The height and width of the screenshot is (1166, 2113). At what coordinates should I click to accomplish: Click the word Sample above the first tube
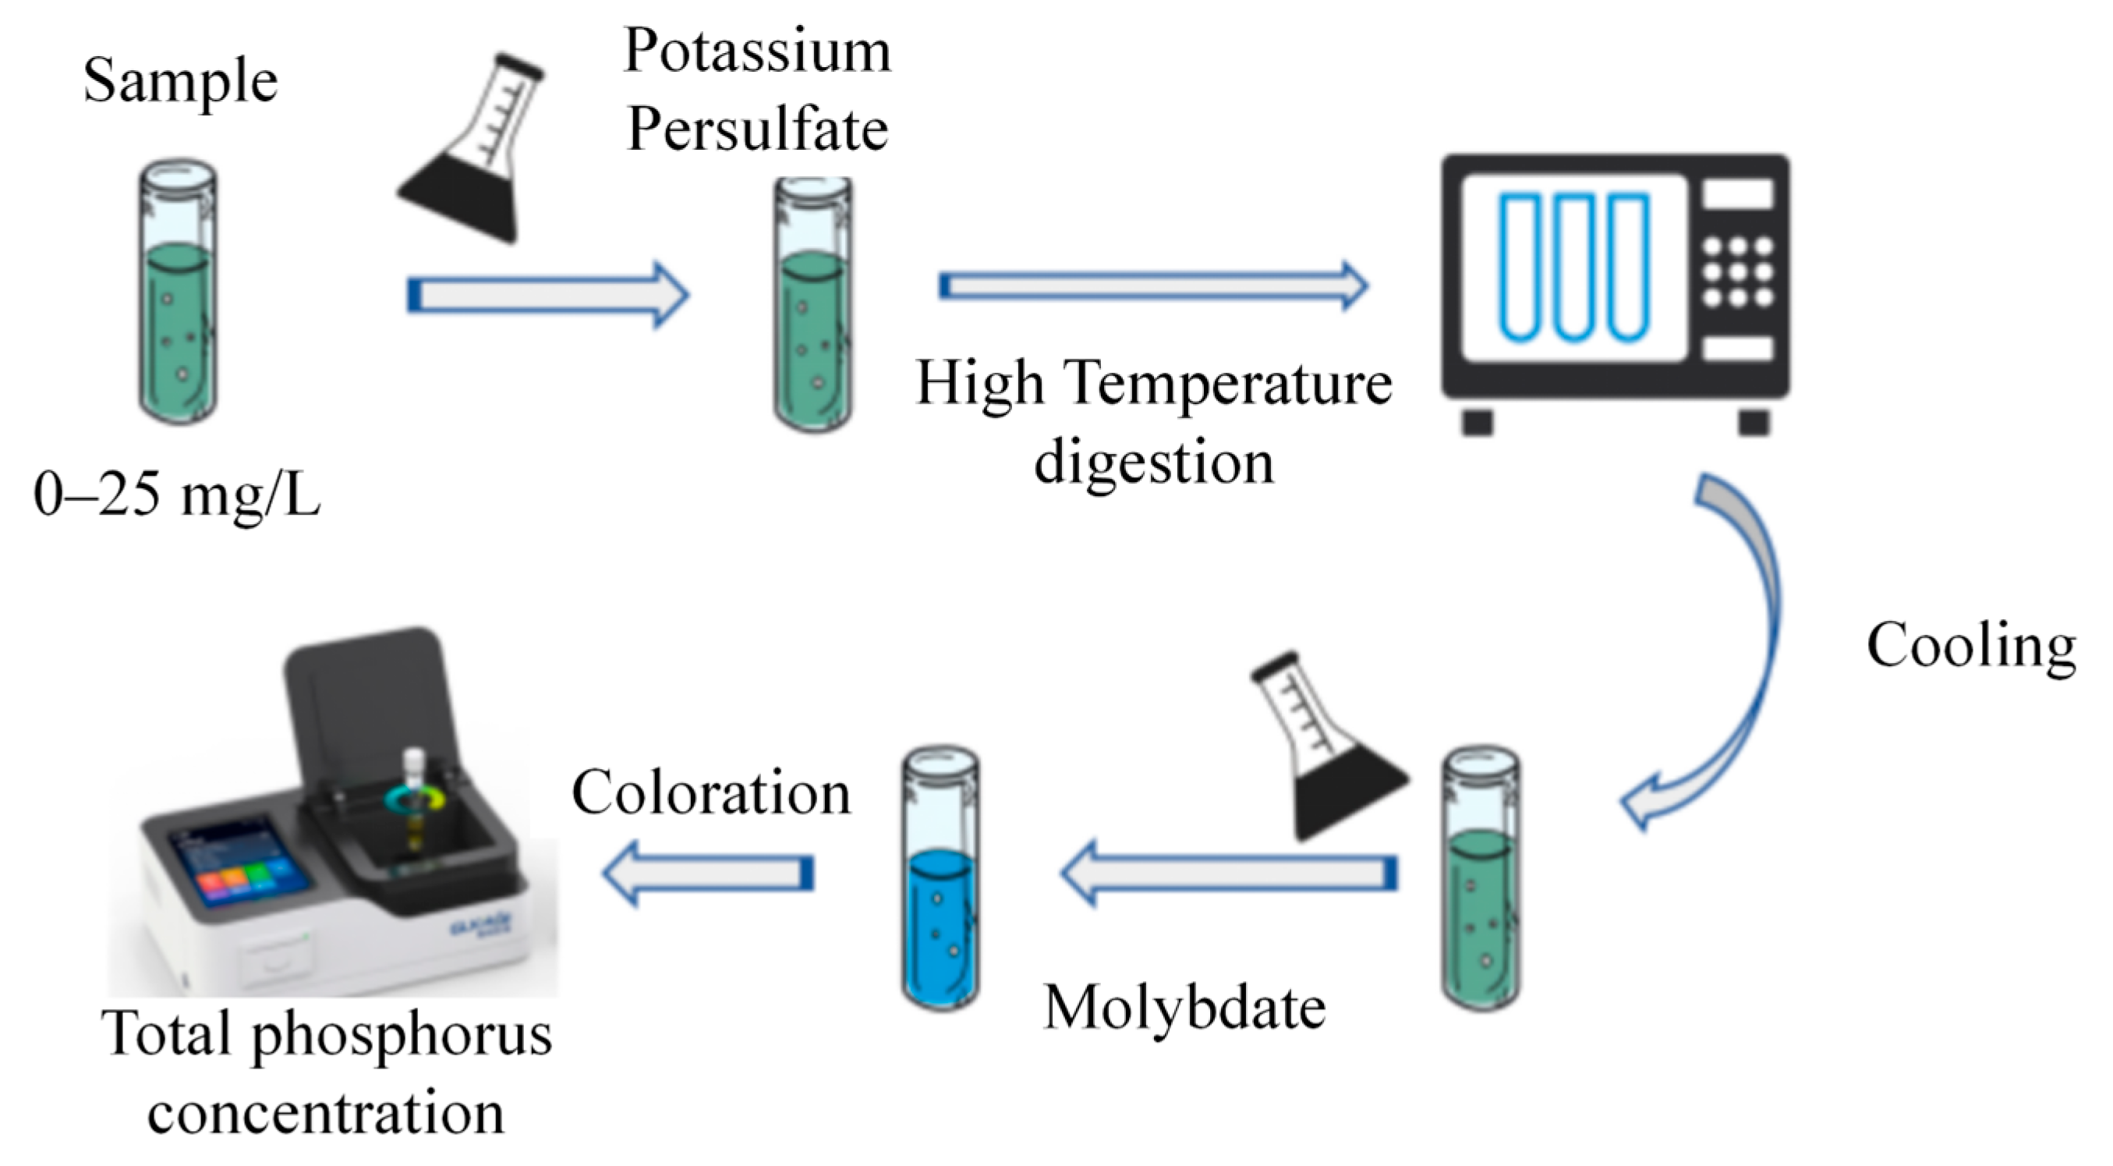[x=180, y=82]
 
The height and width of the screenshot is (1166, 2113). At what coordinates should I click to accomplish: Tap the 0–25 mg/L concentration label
[x=176, y=497]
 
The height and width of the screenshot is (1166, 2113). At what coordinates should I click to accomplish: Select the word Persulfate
[x=756, y=129]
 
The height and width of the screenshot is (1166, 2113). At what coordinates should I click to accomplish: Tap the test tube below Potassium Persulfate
[x=812, y=308]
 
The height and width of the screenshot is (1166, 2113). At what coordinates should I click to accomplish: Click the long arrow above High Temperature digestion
[x=1152, y=285]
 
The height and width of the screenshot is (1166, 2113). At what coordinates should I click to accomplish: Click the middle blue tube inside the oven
[x=1573, y=267]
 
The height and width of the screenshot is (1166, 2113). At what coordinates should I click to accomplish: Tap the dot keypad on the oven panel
[x=1737, y=271]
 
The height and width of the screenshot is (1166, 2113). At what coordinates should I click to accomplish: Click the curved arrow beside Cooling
[x=1739, y=648]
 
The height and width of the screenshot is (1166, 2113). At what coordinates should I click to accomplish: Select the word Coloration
[x=711, y=793]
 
